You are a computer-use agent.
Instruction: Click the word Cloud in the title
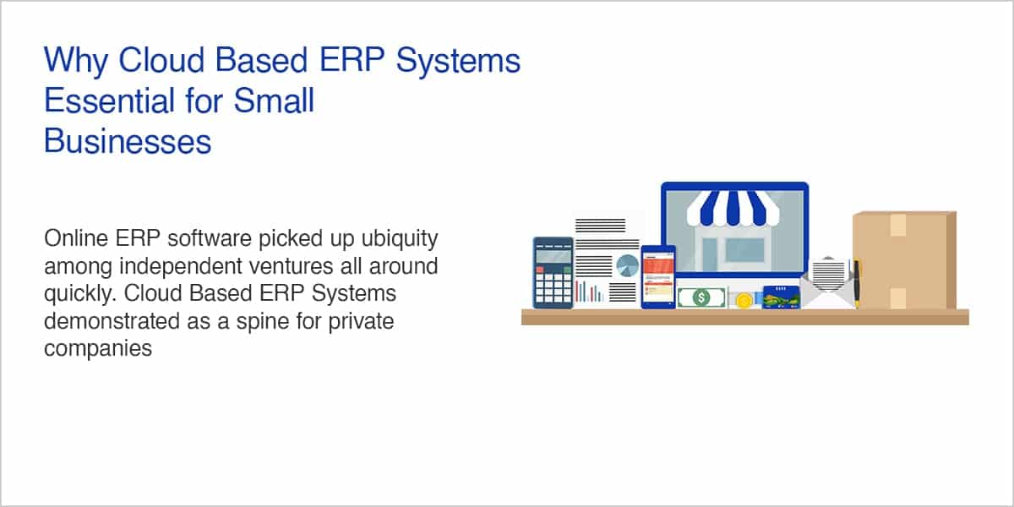point(161,60)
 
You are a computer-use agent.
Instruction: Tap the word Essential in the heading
point(109,101)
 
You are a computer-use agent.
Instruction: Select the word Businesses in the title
point(128,141)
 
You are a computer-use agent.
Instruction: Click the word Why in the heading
point(75,61)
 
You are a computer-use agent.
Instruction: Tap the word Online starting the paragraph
point(76,238)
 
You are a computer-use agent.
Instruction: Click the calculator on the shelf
point(553,273)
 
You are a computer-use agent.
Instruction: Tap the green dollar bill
point(701,297)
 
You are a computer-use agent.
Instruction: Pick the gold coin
point(744,301)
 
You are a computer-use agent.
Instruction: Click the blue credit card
point(781,297)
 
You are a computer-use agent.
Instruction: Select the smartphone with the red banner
point(658,276)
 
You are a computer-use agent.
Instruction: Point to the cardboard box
point(904,260)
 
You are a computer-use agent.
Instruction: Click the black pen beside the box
point(857,282)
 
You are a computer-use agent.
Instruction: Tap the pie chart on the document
point(627,265)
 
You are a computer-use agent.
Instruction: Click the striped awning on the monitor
point(733,208)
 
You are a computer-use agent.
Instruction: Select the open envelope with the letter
point(828,283)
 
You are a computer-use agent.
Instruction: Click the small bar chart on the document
point(589,292)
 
